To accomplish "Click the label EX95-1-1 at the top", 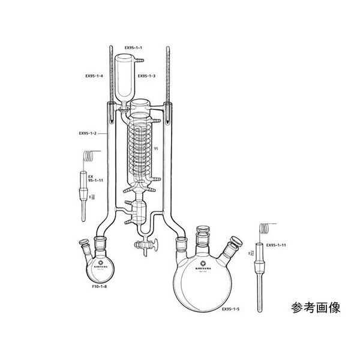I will click(133, 47).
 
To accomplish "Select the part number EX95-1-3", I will click(148, 76).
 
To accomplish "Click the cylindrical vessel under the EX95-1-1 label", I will click(126, 78).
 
